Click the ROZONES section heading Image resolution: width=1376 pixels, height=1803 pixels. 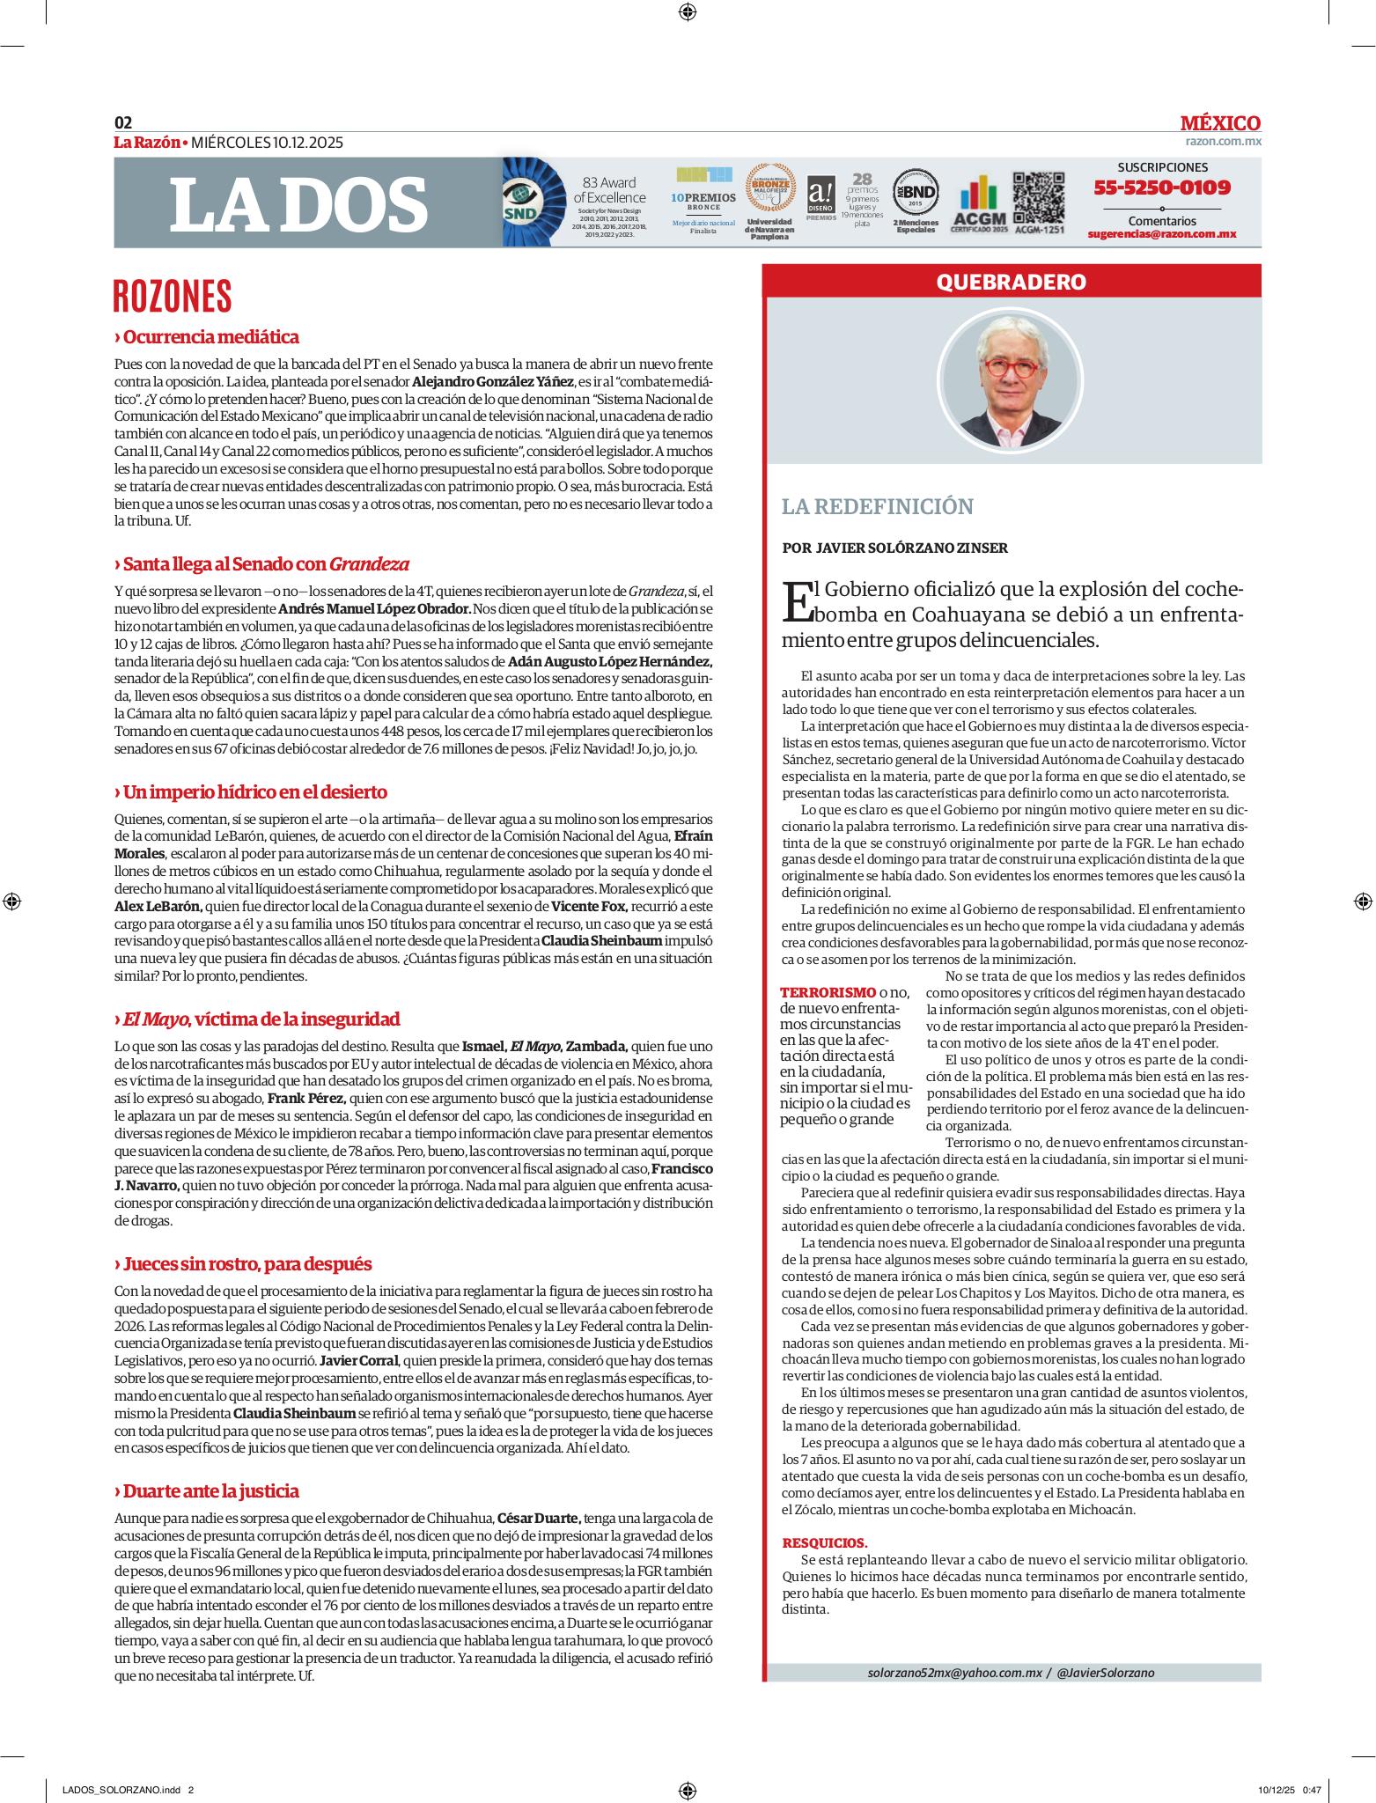pyautogui.click(x=173, y=297)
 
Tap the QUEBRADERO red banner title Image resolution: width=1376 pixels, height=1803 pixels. pyautogui.click(x=1011, y=282)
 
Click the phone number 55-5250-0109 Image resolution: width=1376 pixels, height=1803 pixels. pyautogui.click(x=1162, y=188)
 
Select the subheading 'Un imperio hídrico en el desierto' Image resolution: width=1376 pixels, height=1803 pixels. pyautogui.click(x=254, y=791)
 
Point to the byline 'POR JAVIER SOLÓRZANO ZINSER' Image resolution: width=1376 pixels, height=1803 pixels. pyautogui.click(x=894, y=548)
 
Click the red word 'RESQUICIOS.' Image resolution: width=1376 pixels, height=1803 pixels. pyautogui.click(x=825, y=1542)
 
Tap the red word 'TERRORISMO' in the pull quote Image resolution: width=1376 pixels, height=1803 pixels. pyautogui.click(x=828, y=992)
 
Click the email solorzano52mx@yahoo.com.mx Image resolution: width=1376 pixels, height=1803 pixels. pyautogui.click(x=954, y=1672)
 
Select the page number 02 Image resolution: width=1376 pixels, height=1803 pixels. pyautogui.click(x=123, y=123)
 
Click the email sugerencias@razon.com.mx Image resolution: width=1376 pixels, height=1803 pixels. pyautogui.click(x=1162, y=234)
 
